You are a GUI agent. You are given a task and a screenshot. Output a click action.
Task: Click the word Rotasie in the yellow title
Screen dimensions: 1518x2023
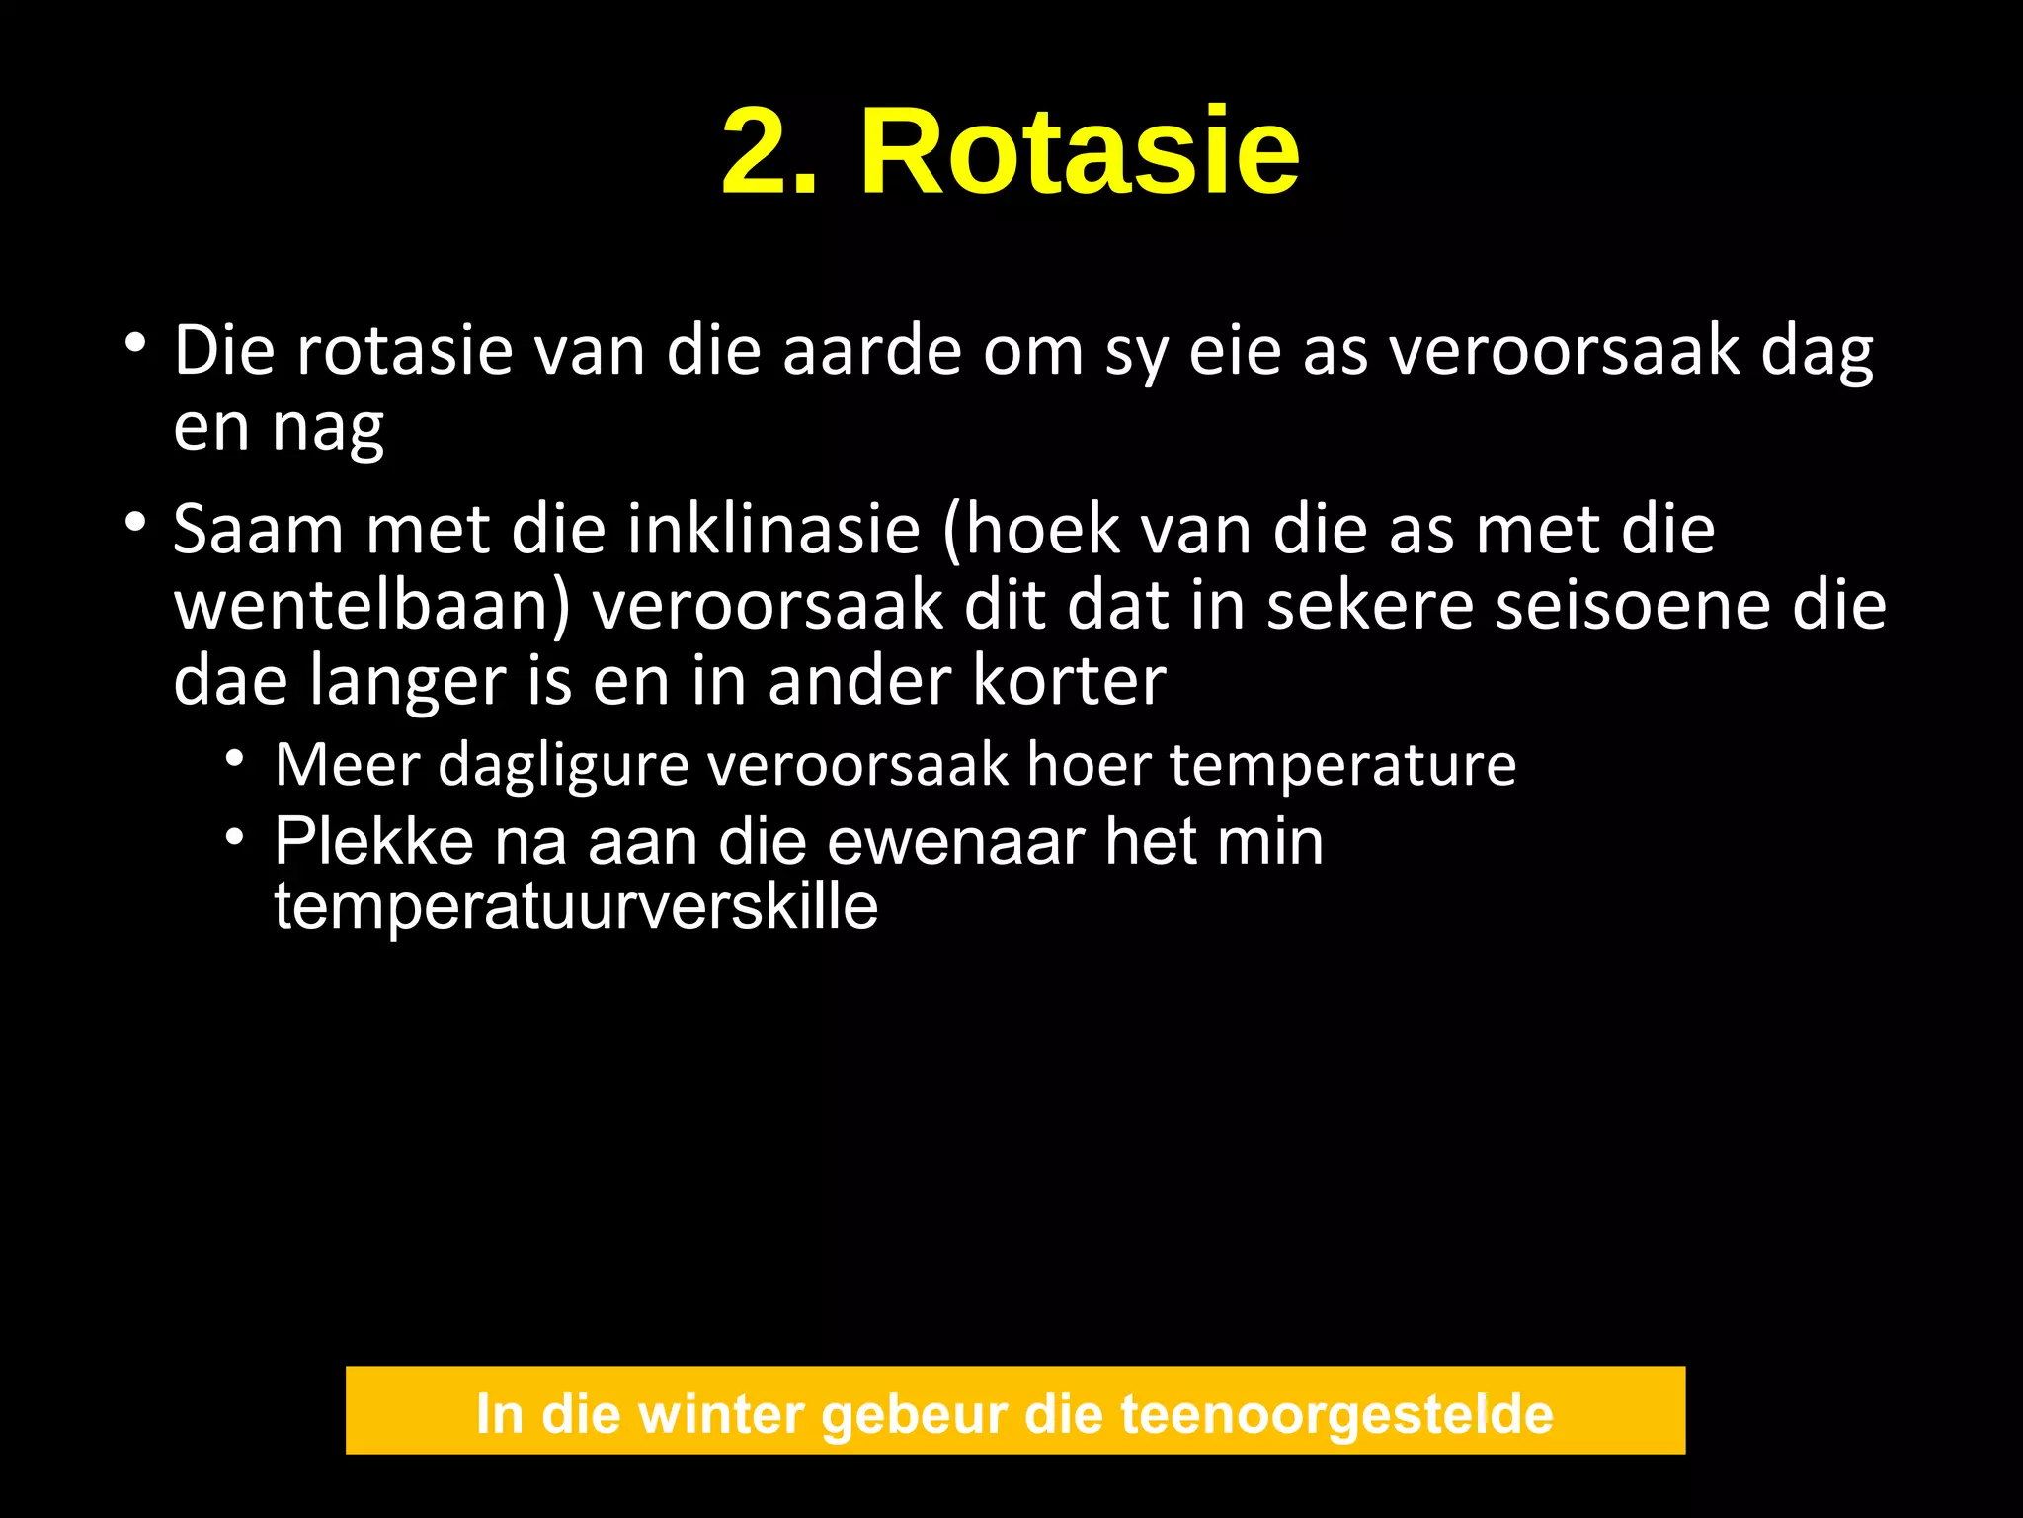point(1079,153)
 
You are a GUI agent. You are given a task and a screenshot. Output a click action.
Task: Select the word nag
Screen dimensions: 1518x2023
point(327,428)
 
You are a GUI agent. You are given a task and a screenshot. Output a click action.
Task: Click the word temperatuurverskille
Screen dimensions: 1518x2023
point(576,906)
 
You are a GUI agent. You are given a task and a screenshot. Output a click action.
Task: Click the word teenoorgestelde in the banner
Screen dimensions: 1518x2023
point(1336,1413)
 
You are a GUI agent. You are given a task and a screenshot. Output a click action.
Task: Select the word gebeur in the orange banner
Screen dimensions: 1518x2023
point(914,1415)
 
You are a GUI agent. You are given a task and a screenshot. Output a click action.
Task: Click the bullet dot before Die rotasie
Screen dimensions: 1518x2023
point(135,343)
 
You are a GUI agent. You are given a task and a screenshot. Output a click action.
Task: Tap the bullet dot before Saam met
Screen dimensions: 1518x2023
point(135,522)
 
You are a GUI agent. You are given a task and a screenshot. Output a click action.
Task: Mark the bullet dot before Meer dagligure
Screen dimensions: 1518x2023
point(234,759)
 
